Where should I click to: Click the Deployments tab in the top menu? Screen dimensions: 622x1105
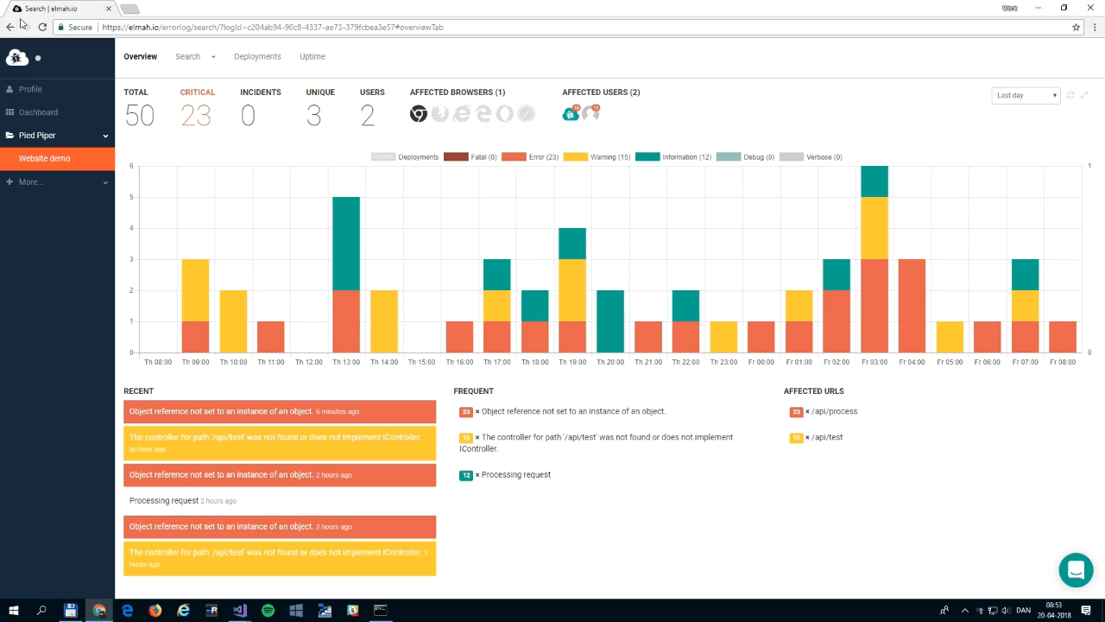(257, 57)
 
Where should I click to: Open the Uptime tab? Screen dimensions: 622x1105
(312, 57)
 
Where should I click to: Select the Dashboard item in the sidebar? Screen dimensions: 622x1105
(38, 112)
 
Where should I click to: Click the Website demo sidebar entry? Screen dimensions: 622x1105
(45, 159)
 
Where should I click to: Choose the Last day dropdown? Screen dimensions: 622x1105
(1026, 96)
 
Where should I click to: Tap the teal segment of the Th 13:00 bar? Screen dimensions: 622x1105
(346, 244)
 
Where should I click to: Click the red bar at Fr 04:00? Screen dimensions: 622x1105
(912, 306)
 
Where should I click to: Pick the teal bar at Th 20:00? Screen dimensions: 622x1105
(609, 321)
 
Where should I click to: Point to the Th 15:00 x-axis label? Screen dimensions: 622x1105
(421, 362)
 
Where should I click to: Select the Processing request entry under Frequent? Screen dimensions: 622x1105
(515, 475)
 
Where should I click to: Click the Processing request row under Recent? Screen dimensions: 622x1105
(164, 501)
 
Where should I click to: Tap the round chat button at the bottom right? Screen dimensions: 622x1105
(1076, 570)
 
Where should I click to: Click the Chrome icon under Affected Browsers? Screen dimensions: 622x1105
(419, 114)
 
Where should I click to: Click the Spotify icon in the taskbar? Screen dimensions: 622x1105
(268, 611)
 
